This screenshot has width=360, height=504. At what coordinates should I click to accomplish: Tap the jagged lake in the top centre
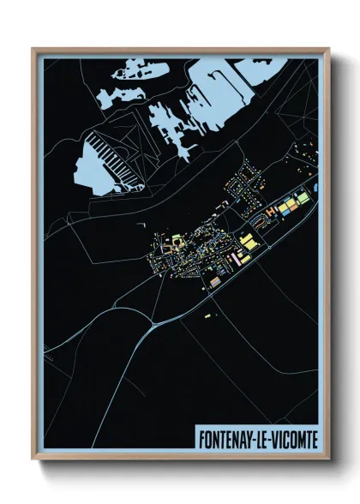[171, 124]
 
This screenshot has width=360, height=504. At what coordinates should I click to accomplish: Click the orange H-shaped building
[272, 208]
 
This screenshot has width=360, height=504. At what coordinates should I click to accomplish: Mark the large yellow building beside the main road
[246, 243]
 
